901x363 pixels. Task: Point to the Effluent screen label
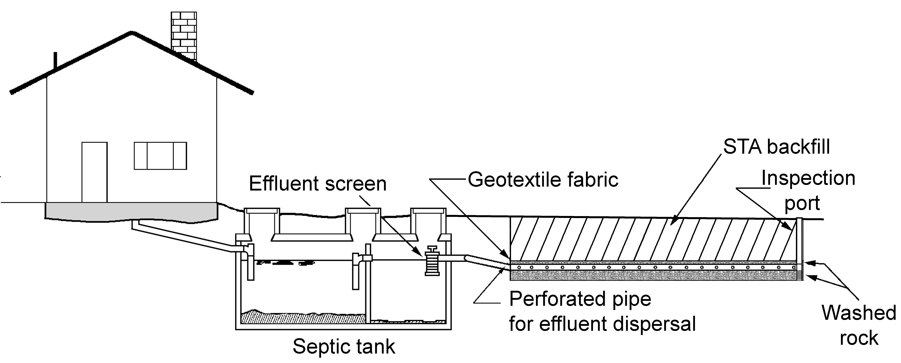pyautogui.click(x=318, y=184)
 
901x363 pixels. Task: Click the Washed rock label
pyautogui.click(x=859, y=325)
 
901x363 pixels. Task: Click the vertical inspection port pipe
pyautogui.click(x=799, y=249)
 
